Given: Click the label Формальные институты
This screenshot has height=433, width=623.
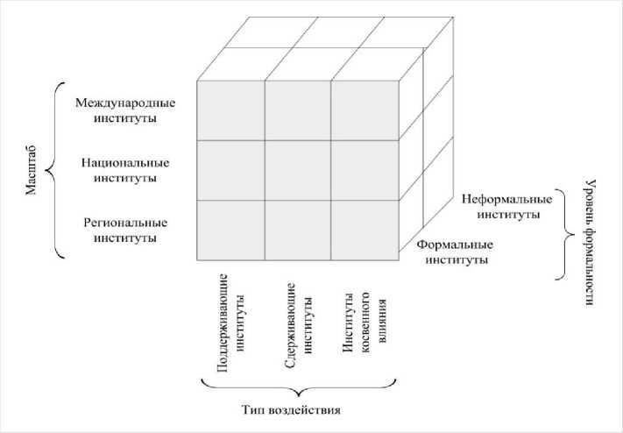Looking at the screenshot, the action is pos(454,252).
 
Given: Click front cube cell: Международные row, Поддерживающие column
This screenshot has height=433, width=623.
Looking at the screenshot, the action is pos(231,110).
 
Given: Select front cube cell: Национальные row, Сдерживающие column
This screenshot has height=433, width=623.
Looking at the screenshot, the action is pos(298,170).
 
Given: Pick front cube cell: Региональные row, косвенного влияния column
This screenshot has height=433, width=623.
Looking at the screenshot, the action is pos(365,230).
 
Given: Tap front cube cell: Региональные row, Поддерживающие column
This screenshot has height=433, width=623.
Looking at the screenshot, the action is pos(231,230).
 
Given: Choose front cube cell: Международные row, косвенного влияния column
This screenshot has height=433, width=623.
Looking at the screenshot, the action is pos(365,110).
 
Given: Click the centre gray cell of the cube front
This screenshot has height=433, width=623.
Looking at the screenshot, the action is pos(298,170).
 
